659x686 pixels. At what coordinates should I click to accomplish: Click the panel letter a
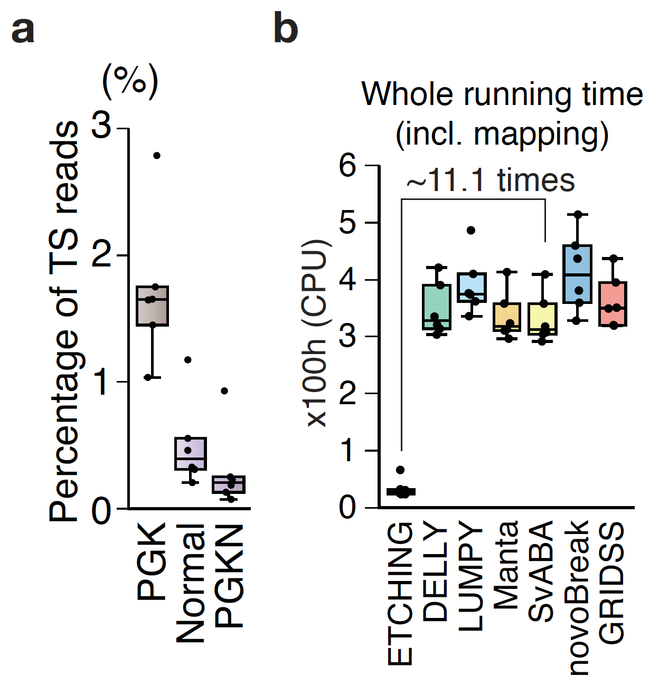tap(23, 30)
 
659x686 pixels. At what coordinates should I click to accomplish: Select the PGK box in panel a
tap(152, 306)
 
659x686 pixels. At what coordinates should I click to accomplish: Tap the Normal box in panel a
tap(190, 454)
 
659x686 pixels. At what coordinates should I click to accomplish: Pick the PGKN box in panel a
tap(229, 484)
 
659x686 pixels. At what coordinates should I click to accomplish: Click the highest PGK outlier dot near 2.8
tap(157, 156)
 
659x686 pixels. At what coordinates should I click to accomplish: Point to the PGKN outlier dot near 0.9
tap(224, 391)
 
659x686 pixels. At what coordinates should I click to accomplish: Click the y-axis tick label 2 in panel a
tap(102, 255)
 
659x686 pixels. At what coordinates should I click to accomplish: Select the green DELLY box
tap(437, 307)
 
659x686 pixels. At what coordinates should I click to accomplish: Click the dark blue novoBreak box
tap(577, 274)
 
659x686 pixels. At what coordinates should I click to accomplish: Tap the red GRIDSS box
tap(613, 304)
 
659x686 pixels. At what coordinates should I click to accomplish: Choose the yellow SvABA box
tap(542, 319)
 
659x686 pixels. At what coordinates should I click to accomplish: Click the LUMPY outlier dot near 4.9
tap(471, 230)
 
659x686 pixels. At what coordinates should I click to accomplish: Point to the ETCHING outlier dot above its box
tap(400, 470)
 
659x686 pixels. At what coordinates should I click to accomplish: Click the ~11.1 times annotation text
tap(490, 180)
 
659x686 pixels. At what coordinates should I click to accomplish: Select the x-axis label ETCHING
tap(400, 594)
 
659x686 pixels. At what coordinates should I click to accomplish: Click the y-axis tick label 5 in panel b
tap(349, 223)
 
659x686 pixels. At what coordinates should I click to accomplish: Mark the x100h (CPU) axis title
tap(317, 332)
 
